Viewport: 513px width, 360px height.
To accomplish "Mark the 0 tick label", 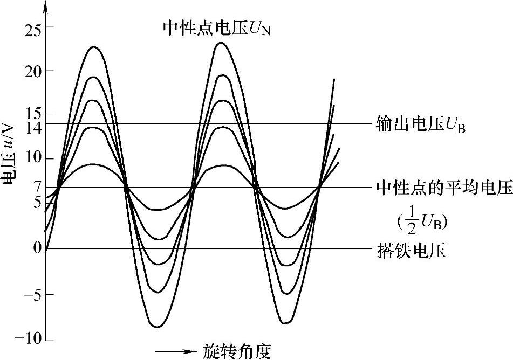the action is (36, 248).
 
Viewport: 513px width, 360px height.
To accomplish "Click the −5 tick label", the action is (30, 295).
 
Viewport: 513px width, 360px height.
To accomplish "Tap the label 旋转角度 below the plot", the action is (237, 351).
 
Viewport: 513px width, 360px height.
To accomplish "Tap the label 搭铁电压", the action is (411, 251).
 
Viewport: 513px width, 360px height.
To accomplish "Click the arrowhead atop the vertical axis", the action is (45, 6).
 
